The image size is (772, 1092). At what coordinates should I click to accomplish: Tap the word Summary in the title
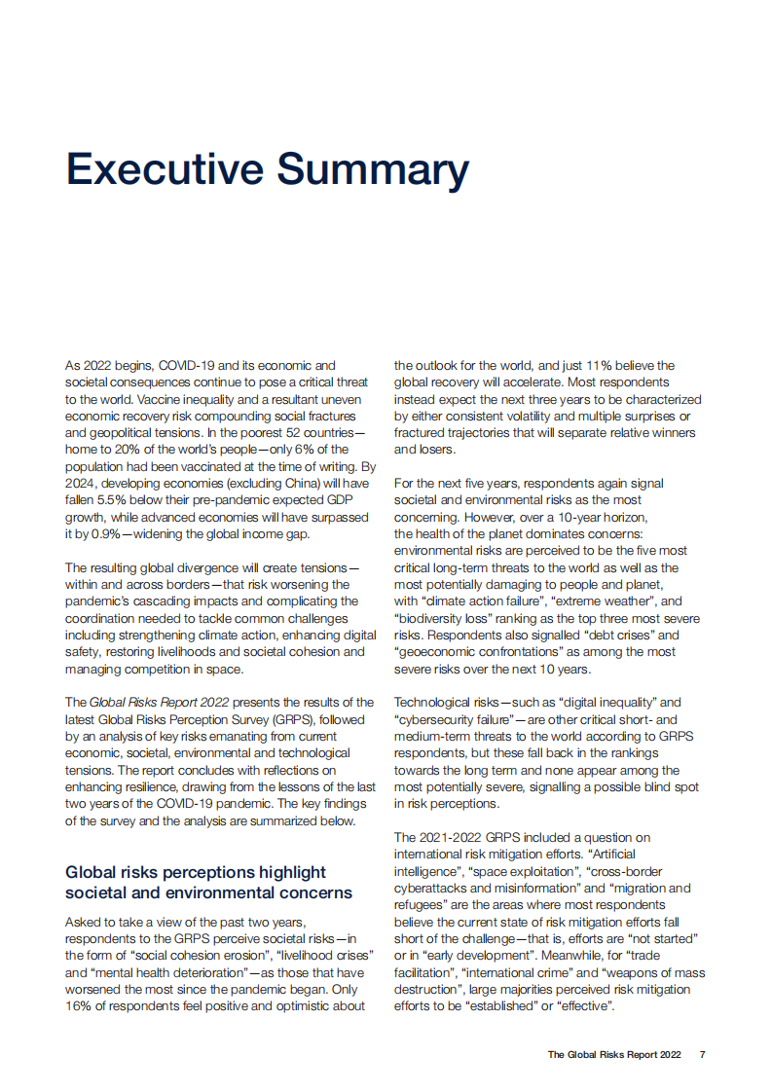[x=374, y=169]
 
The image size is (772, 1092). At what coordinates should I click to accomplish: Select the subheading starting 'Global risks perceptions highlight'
[x=207, y=882]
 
